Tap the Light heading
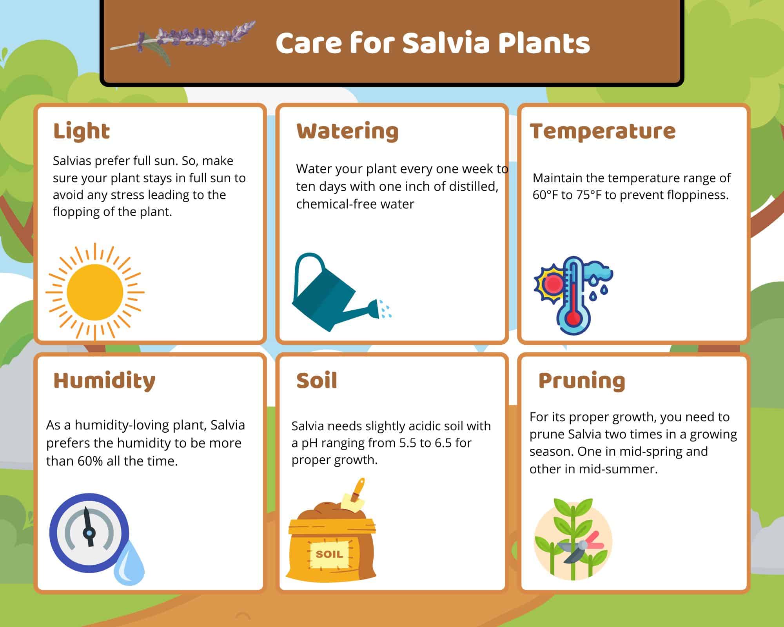(82, 131)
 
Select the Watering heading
(347, 131)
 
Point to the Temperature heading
(603, 131)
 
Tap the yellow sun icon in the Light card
(95, 292)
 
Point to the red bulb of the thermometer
(573, 317)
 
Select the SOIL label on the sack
(329, 554)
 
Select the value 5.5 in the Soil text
(408, 443)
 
